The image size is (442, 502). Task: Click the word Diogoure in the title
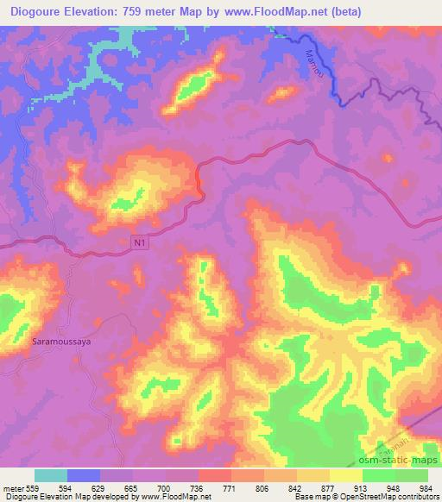tap(41, 11)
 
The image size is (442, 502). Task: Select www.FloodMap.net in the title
tap(274, 11)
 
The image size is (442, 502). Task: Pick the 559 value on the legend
tap(32, 488)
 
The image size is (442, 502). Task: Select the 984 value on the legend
tap(424, 488)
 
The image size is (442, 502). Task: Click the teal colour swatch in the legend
tap(50, 475)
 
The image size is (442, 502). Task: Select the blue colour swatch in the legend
tap(83, 475)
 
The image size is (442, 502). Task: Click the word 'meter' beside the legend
tap(12, 488)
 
